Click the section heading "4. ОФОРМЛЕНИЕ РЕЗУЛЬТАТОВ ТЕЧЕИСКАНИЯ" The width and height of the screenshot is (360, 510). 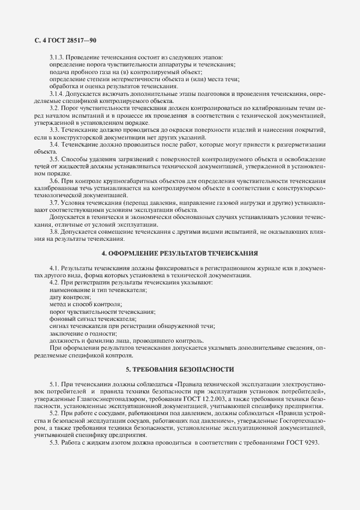180,253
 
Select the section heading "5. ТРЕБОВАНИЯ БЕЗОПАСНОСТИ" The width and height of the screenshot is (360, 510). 180,369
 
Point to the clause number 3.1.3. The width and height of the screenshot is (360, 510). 57,58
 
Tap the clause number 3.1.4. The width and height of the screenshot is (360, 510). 57,94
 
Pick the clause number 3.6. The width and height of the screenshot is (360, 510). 55,180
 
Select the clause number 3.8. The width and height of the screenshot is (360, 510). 55,231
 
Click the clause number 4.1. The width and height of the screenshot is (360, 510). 55,269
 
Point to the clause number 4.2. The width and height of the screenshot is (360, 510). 55,283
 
